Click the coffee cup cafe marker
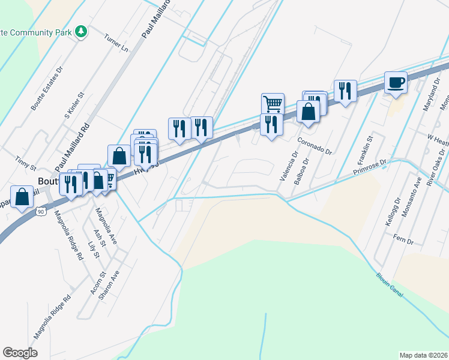[x=396, y=82]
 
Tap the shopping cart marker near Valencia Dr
[x=273, y=103]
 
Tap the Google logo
[x=20, y=353]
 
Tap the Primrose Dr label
[x=371, y=166]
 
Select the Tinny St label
[x=26, y=163]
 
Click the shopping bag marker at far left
[x=22, y=197]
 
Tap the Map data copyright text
[x=423, y=355]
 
